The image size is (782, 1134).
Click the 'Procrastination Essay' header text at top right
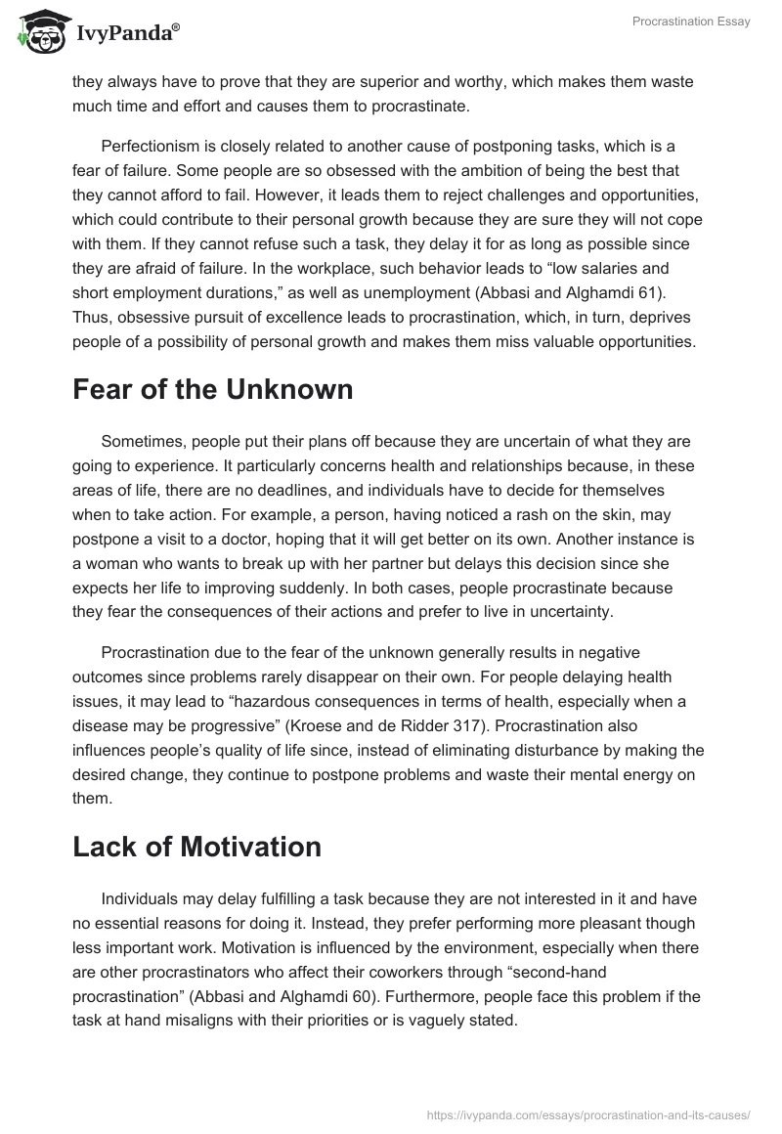point(691,22)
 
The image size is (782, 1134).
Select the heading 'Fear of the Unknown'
point(212,388)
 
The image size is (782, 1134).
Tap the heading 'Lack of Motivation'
point(196,847)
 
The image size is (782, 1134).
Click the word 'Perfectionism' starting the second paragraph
point(148,146)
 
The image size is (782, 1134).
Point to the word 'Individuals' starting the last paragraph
point(142,899)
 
